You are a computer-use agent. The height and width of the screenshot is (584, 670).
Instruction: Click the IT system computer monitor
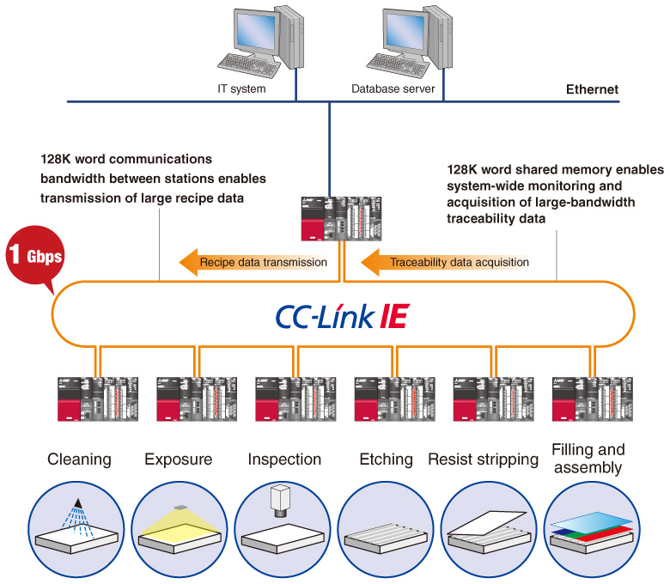tap(256, 30)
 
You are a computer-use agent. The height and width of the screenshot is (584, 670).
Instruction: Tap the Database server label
tap(393, 88)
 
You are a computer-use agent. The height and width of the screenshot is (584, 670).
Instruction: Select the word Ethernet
tap(592, 89)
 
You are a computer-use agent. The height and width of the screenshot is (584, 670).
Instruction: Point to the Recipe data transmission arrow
tap(253, 262)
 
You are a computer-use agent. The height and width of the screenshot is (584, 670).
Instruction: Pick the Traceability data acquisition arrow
tap(445, 262)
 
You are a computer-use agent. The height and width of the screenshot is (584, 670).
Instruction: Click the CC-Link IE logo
tap(343, 316)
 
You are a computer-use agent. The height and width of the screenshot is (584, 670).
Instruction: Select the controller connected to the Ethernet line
tap(341, 219)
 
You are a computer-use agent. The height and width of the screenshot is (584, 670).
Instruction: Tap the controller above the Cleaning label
tap(98, 399)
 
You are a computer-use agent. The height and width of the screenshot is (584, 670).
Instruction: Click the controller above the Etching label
tap(394, 399)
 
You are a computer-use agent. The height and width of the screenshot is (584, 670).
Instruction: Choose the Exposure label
tap(178, 459)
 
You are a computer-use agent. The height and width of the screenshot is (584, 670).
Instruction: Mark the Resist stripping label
tap(484, 459)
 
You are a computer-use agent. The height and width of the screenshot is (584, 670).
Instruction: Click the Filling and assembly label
tap(588, 459)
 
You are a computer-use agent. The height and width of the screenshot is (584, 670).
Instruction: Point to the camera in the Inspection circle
tap(280, 501)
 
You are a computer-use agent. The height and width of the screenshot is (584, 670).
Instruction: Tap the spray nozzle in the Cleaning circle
tap(78, 502)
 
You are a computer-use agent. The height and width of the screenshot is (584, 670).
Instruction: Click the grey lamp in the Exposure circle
tap(180, 508)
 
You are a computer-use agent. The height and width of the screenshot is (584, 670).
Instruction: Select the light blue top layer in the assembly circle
tap(591, 521)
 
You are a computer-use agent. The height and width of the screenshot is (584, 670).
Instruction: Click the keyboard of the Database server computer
tap(398, 65)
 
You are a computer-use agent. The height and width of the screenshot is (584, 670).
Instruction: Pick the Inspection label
tap(284, 459)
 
